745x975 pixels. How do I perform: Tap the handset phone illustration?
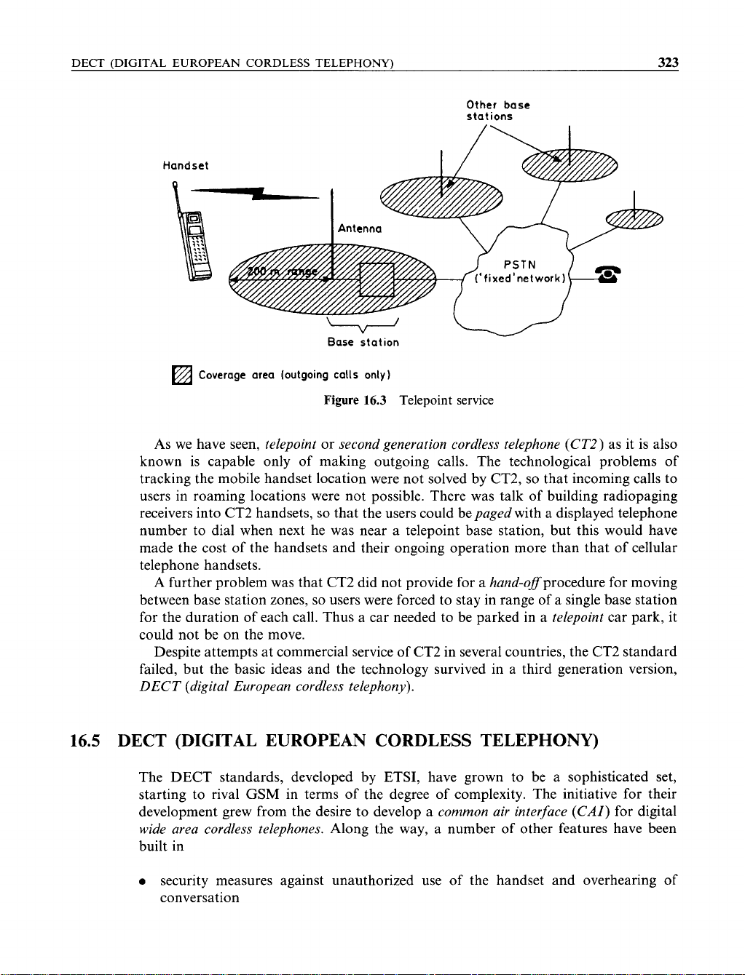coord(192,244)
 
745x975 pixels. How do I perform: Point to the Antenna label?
coord(360,229)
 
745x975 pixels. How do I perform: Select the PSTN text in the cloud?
coord(519,263)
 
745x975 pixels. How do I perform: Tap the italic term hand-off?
coord(514,584)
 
